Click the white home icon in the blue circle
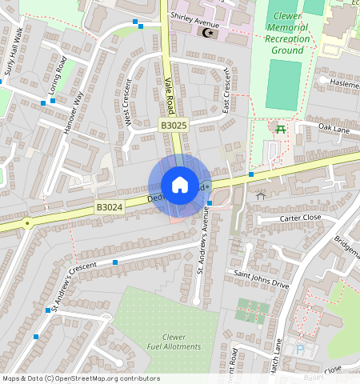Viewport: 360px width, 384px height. [180, 185]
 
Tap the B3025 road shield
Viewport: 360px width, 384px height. [173, 126]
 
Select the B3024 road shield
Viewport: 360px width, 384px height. [110, 208]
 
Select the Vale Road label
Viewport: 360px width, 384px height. [169, 94]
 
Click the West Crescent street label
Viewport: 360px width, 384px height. [127, 103]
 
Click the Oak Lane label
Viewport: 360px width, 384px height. [334, 127]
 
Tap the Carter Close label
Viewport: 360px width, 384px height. [300, 218]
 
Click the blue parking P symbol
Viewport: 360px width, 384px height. [300, 350]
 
